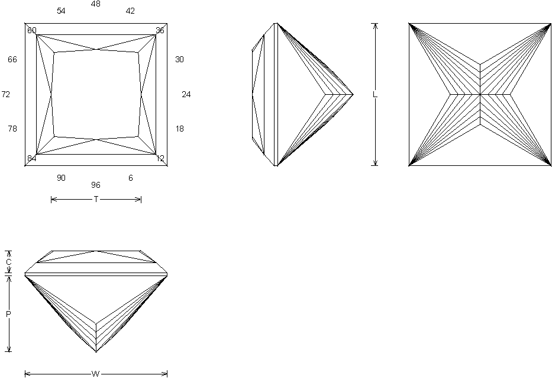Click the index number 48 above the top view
[x=96, y=4]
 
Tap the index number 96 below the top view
[x=96, y=185]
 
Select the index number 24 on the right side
[x=186, y=95]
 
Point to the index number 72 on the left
[x=6, y=95]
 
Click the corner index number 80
[x=31, y=30]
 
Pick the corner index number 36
[x=160, y=30]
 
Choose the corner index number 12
[x=160, y=158]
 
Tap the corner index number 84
[x=31, y=158]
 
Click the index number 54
[x=61, y=11]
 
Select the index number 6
[x=131, y=178]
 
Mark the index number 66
[x=12, y=60]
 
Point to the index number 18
[x=180, y=129]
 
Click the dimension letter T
[x=96, y=200]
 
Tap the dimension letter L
[x=374, y=95]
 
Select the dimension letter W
[x=96, y=374]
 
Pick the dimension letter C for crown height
[x=8, y=262]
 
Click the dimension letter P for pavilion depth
[x=8, y=314]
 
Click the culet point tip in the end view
[x=353, y=94]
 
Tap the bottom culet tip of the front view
[x=96, y=352]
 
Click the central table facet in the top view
[x=96, y=95]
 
